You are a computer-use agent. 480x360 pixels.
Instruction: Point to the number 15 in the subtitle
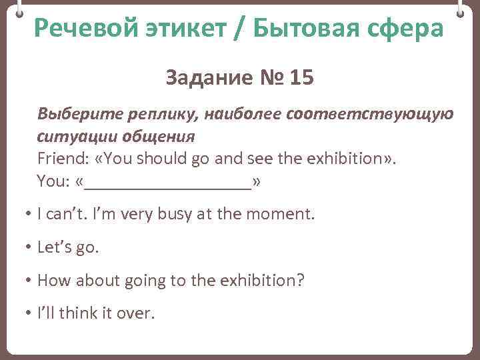pyautogui.click(x=299, y=79)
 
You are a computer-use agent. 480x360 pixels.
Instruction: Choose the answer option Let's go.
pyautogui.click(x=68, y=247)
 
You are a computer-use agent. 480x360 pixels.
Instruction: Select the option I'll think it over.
pyautogui.click(x=96, y=313)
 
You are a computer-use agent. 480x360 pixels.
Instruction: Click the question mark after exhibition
pyautogui.click(x=300, y=280)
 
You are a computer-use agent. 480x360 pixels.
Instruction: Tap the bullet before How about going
pyautogui.click(x=29, y=281)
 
